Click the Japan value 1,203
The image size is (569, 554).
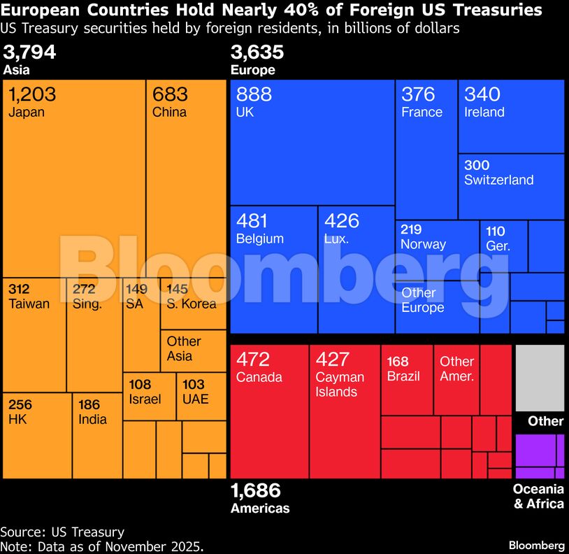click(x=33, y=94)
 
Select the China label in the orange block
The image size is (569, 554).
click(x=169, y=112)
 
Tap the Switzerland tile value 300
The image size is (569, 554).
click(x=477, y=165)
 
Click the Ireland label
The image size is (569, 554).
click(x=484, y=112)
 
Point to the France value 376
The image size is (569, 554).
click(x=418, y=94)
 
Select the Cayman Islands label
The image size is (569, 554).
click(x=340, y=384)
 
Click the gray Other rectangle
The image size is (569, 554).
click(x=540, y=378)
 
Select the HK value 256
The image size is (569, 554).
click(x=20, y=404)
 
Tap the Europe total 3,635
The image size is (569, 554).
click(x=257, y=53)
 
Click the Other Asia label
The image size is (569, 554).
click(x=184, y=348)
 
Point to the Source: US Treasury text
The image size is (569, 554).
click(x=62, y=532)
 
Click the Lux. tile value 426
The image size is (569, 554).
click(x=342, y=221)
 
